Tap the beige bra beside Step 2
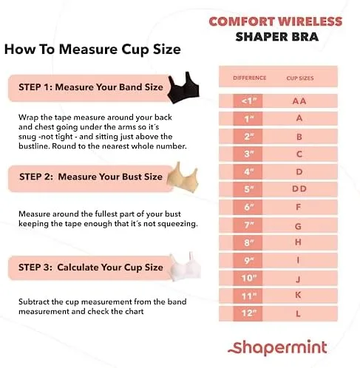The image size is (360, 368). (183, 178)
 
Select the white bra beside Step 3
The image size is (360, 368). (186, 268)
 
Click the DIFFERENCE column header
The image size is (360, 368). (250, 78)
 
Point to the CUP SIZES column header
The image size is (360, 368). (300, 78)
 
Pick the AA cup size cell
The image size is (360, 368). (299, 101)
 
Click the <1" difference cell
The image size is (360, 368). (248, 100)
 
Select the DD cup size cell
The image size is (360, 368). (299, 189)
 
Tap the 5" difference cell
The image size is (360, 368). (248, 189)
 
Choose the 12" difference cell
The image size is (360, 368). (248, 313)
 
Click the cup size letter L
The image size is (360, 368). (298, 314)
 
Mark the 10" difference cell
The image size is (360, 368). (248, 278)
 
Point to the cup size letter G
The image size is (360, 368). (298, 226)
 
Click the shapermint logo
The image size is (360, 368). (277, 347)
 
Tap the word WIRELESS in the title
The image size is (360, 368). (310, 21)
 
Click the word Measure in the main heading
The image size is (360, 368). (88, 50)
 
